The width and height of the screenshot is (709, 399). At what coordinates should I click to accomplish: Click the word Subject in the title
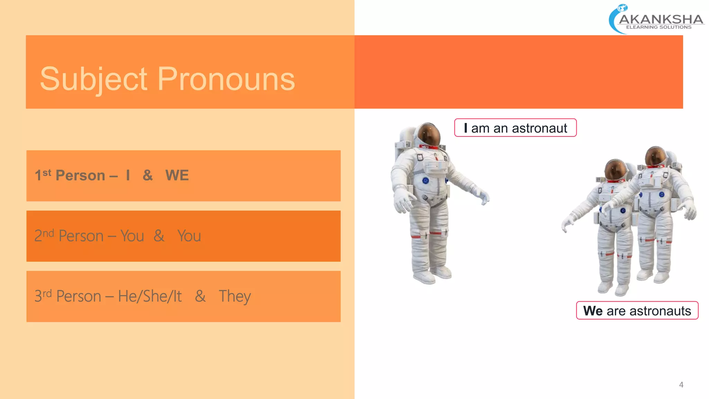pyautogui.click(x=94, y=79)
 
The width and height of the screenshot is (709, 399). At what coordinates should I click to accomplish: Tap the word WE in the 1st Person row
pyautogui.click(x=177, y=175)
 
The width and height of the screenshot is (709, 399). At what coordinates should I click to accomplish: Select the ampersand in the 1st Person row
pyautogui.click(x=147, y=175)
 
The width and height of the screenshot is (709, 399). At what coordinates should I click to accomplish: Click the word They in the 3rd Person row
pyautogui.click(x=234, y=296)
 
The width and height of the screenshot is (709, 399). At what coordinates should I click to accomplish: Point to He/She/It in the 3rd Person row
pyautogui.click(x=150, y=296)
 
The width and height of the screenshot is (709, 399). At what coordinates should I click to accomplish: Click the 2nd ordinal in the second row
pyautogui.click(x=44, y=236)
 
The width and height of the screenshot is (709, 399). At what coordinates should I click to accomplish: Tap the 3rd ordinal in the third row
pyautogui.click(x=43, y=296)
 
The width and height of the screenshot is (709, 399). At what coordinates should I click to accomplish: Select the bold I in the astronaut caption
pyautogui.click(x=466, y=128)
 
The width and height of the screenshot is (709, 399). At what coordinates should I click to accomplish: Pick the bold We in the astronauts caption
pyautogui.click(x=593, y=311)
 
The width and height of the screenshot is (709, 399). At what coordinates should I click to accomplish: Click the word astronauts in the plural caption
pyautogui.click(x=660, y=311)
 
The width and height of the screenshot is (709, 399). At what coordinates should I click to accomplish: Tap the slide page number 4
pyautogui.click(x=681, y=385)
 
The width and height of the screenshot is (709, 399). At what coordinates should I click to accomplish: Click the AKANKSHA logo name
pyautogui.click(x=661, y=19)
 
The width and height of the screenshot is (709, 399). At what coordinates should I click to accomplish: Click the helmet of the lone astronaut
pyautogui.click(x=429, y=134)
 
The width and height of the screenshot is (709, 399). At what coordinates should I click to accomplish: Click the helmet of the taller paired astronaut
pyautogui.click(x=655, y=157)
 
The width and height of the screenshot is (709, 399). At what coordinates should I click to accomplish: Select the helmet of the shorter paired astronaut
pyautogui.click(x=615, y=170)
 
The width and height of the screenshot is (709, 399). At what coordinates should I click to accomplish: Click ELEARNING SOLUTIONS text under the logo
pyautogui.click(x=658, y=27)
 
